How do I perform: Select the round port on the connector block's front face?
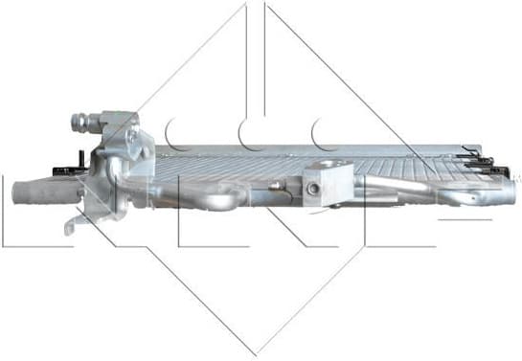tap(312, 190)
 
